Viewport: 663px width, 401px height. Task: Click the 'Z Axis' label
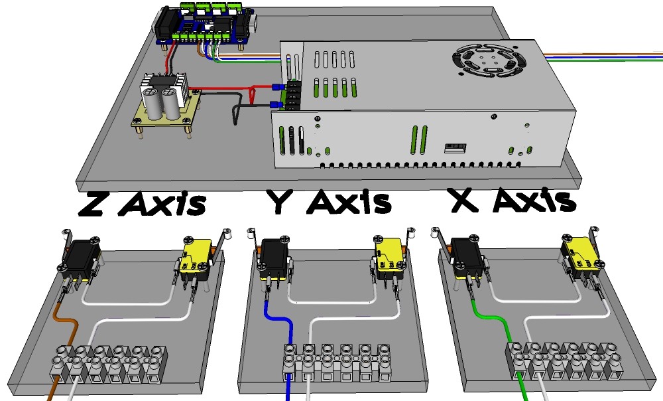143,203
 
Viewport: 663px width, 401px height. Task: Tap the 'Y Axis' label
329,201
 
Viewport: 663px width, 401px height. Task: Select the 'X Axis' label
513,200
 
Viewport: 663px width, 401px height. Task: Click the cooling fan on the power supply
489,60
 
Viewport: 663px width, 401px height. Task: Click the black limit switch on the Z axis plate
80,259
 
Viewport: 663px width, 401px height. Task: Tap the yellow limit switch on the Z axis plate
196,258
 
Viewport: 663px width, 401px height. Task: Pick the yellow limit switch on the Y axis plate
389,258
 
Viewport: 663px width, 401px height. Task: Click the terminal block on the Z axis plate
109,364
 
